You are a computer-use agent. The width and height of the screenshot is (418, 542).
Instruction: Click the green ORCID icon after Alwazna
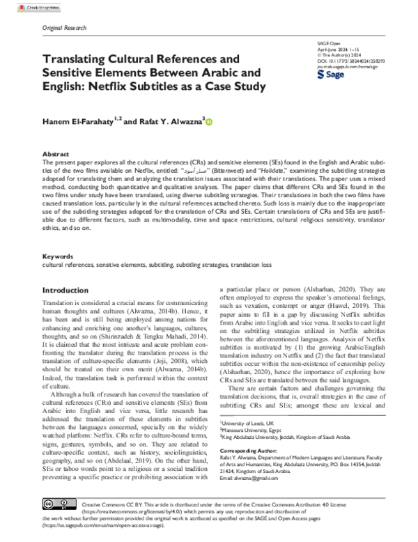pyautogui.click(x=209, y=122)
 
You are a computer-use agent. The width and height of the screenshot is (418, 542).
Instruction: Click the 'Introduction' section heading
pyautogui.click(x=65, y=290)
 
